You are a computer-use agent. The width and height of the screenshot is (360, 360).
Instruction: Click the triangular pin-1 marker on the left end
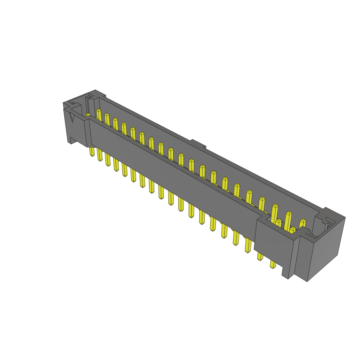pyautogui.click(x=72, y=117)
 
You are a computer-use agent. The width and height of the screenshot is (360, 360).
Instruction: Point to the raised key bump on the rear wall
pyautogui.click(x=198, y=144)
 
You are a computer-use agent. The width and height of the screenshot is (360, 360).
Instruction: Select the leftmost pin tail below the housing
pyautogui.click(x=92, y=152)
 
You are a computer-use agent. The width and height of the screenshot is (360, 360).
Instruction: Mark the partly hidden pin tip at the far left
pyautogui.click(x=88, y=115)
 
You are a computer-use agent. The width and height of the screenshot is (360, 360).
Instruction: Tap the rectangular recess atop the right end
pyautogui.click(x=328, y=222)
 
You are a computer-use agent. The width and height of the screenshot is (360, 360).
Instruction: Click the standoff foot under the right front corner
pyautogui.click(x=285, y=272)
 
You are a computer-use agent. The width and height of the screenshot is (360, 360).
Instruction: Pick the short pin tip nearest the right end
pyautogui.click(x=292, y=229)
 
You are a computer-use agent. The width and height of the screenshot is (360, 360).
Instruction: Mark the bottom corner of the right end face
pyautogui.click(x=307, y=281)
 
